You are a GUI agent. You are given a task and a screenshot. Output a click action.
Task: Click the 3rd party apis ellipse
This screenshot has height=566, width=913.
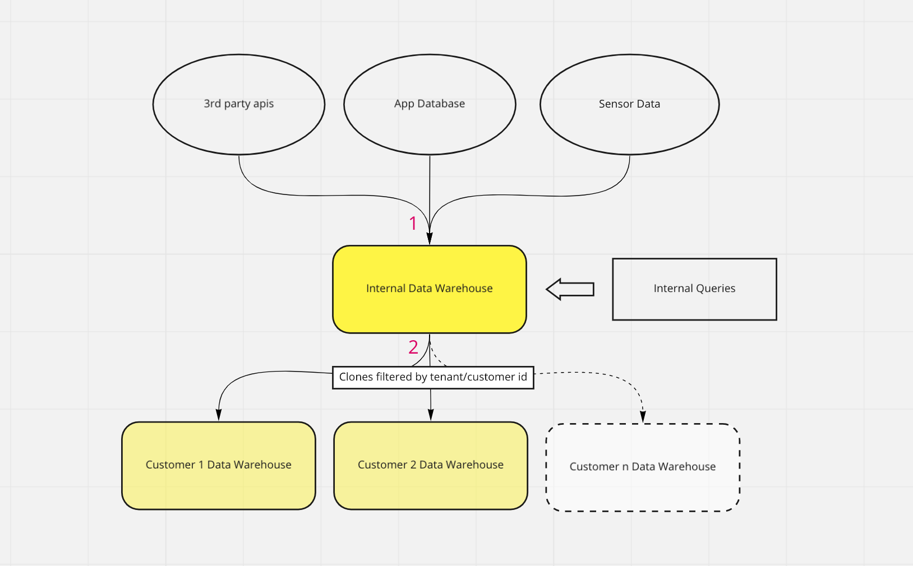(238, 104)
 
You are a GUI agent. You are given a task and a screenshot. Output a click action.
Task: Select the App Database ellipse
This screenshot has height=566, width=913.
(430, 104)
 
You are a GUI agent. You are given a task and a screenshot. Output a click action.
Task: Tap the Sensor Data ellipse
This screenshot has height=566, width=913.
(629, 104)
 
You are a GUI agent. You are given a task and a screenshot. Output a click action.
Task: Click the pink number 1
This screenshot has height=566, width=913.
(413, 223)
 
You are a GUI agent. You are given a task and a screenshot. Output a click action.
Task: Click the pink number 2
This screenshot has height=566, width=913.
(413, 347)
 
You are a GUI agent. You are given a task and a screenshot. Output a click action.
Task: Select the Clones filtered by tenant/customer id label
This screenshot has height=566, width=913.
(433, 377)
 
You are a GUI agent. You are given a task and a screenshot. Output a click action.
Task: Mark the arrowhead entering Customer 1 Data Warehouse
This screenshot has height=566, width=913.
(219, 415)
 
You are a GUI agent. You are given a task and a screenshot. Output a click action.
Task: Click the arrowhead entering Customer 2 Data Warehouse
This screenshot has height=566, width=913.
(431, 415)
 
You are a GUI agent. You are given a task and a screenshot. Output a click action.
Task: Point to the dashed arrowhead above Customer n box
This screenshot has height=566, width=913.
(643, 417)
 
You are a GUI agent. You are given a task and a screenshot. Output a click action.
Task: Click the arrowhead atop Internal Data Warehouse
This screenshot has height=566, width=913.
(430, 239)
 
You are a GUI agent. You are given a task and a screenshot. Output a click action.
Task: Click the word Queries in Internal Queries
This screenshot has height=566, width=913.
(716, 289)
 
